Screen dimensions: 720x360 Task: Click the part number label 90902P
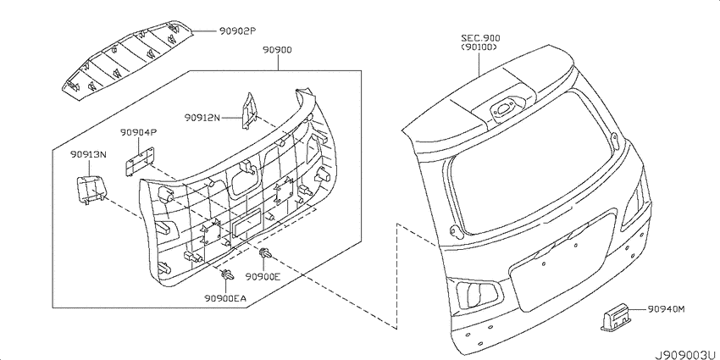[236, 31]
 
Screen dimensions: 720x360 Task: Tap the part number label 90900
[278, 50]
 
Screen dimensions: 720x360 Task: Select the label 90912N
[202, 118]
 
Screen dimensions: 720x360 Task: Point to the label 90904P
[139, 133]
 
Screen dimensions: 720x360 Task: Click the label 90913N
[88, 155]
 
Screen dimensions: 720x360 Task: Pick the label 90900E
[263, 276]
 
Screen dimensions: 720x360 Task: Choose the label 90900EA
[226, 298]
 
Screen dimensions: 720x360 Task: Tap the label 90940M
[667, 309]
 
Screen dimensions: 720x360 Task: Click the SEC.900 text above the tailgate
[480, 38]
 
